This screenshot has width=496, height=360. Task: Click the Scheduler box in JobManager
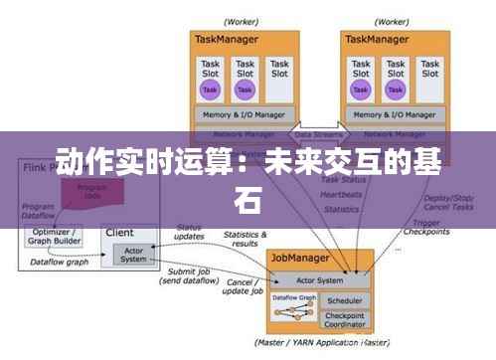[343, 299]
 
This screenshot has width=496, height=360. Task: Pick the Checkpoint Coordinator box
[343, 318]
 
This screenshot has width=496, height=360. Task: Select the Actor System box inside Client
[132, 254]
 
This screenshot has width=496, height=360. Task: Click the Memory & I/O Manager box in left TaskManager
[244, 114]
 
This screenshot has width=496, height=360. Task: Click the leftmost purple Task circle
[210, 90]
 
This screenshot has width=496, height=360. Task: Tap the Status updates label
[190, 233]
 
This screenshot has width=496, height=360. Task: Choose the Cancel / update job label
[242, 286]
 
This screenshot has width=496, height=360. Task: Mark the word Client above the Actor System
[119, 232]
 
